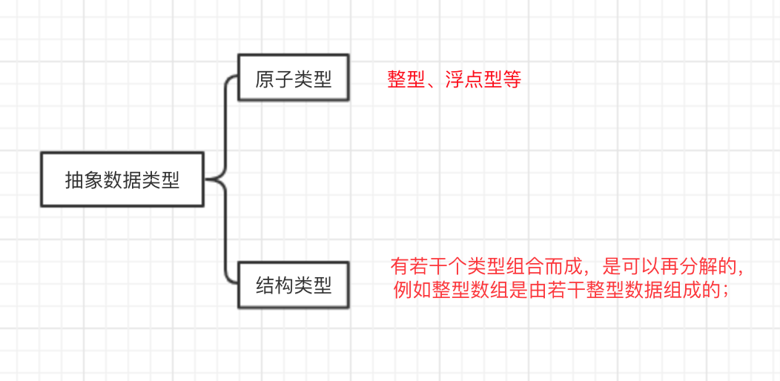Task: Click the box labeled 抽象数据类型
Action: point(122,179)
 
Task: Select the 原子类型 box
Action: point(294,78)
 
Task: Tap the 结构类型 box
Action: point(294,285)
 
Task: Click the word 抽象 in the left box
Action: point(84,180)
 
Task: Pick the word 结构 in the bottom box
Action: point(274,285)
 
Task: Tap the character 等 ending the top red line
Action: point(512,80)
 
